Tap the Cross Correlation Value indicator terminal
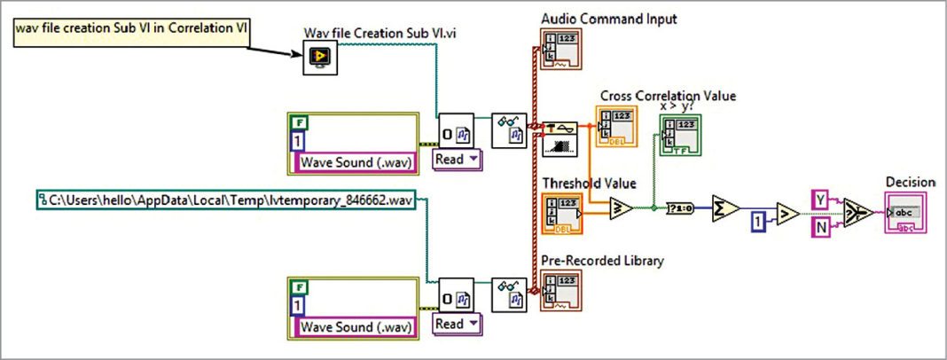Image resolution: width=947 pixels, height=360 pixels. point(618,126)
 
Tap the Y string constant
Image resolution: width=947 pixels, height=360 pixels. point(820,200)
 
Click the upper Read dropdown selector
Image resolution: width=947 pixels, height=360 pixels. point(456,160)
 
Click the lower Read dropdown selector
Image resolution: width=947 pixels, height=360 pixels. point(456,324)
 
